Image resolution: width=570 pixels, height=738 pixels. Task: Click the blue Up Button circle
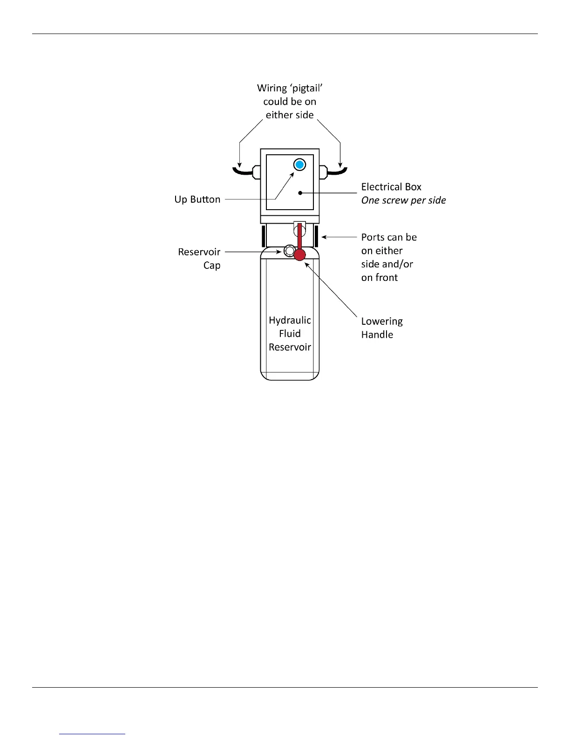point(300,164)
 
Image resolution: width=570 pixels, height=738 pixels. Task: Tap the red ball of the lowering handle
point(299,254)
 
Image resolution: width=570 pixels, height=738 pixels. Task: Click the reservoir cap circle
point(289,252)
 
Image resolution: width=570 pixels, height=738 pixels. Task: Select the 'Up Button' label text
point(197,199)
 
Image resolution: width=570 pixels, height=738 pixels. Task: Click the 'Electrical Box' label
point(391,187)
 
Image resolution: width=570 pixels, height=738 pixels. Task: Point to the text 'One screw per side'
point(403,200)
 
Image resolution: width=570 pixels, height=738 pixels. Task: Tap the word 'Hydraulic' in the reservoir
point(290,320)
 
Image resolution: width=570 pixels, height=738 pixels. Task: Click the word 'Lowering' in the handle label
point(382,321)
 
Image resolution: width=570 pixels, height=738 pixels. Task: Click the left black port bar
point(263,236)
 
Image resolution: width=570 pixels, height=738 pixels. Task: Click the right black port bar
point(316,236)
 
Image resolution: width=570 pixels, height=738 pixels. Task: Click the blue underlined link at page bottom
point(92,734)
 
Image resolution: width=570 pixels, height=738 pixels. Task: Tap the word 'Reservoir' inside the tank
point(290,347)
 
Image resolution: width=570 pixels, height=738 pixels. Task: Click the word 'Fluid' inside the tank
point(290,334)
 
